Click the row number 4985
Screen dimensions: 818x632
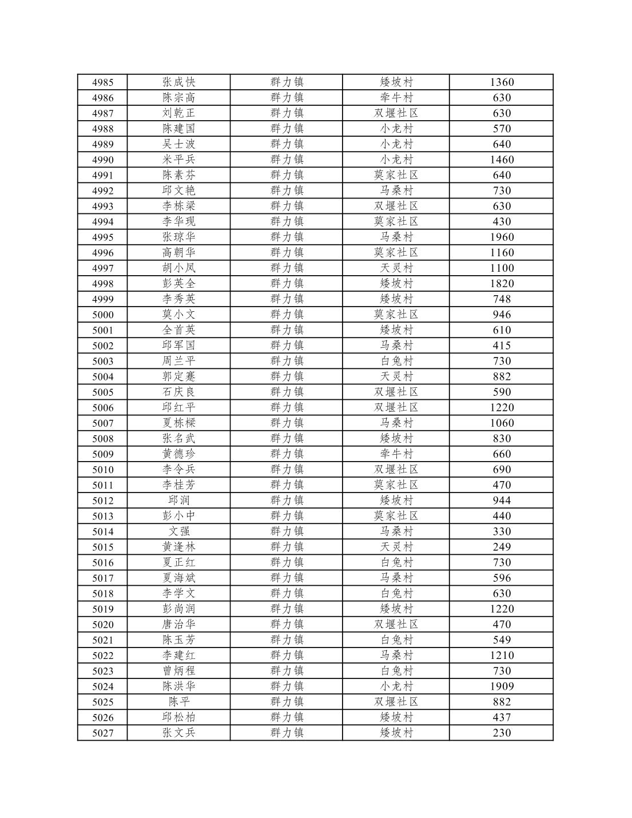(x=103, y=82)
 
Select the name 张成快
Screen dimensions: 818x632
(x=178, y=82)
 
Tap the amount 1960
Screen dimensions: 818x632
(x=502, y=237)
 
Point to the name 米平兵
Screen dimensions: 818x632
(x=178, y=160)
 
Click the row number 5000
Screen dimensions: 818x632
(x=103, y=315)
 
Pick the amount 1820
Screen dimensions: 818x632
(x=502, y=284)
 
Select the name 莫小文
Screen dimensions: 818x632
(x=178, y=315)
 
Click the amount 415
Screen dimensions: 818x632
(x=502, y=346)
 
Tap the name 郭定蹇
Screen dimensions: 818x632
(x=178, y=376)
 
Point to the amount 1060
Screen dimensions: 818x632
(x=502, y=423)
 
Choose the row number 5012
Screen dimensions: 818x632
(x=103, y=501)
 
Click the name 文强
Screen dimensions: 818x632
(x=178, y=531)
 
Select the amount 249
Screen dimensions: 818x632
(x=502, y=547)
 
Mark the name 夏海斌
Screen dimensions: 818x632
(x=178, y=578)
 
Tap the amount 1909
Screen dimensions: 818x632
(x=502, y=686)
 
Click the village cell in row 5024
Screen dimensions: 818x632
(x=396, y=686)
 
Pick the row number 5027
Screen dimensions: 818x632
(x=103, y=733)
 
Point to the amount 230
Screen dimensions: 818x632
(x=502, y=733)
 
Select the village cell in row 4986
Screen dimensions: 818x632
(x=396, y=98)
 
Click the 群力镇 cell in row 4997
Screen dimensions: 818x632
(x=287, y=268)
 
